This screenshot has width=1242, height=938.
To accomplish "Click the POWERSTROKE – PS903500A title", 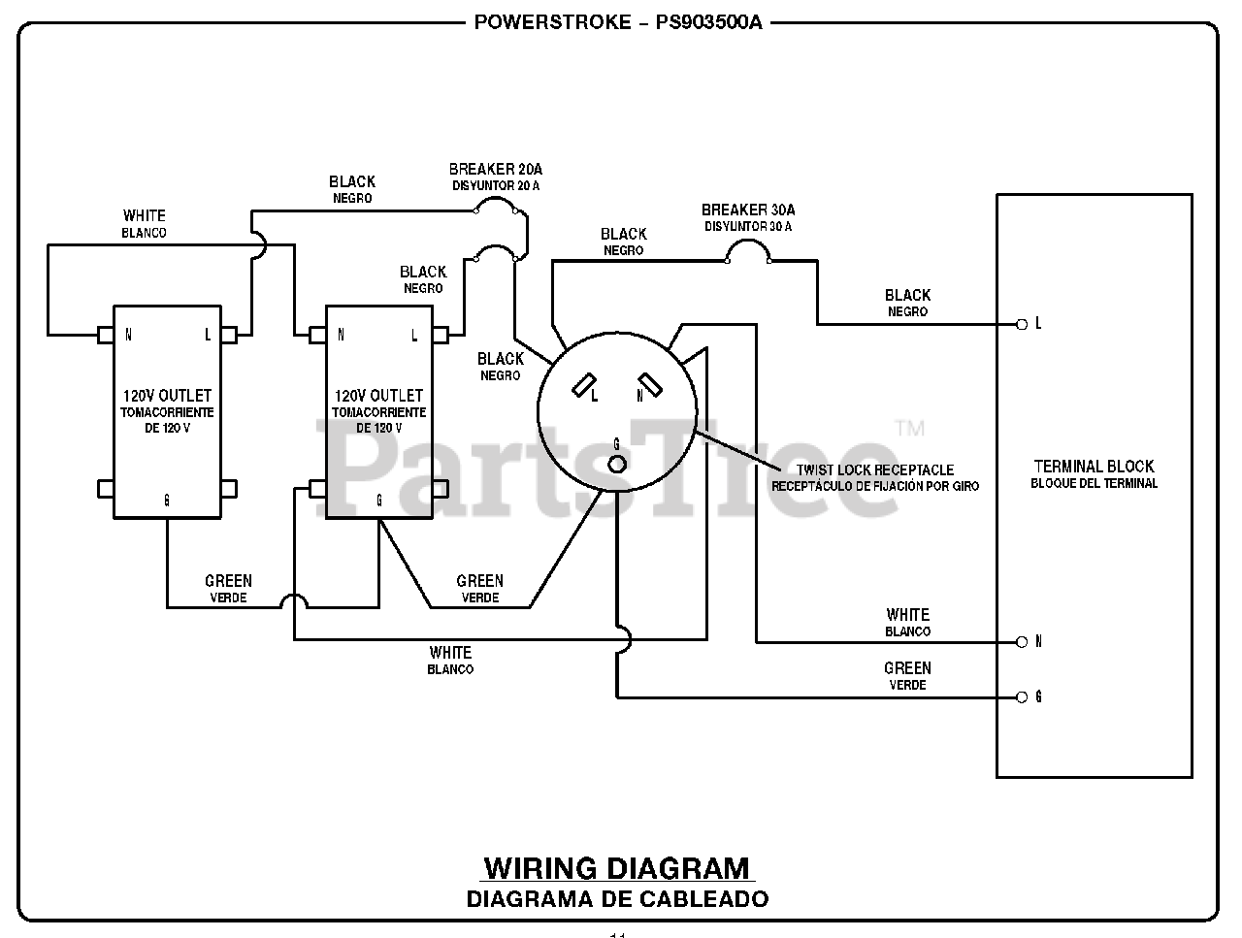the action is click(x=618, y=22).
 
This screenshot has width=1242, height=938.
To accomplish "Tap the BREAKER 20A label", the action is click(x=496, y=169).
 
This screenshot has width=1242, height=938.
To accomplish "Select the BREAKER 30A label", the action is click(x=748, y=210).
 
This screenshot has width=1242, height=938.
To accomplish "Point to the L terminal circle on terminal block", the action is click(x=1022, y=325).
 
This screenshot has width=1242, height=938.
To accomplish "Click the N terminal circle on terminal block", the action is click(x=1022, y=642).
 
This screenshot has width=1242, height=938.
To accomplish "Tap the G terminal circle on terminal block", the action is click(x=1022, y=697).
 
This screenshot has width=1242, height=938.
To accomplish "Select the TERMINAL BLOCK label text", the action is click(x=1094, y=467).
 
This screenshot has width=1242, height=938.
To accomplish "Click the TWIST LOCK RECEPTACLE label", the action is click(x=875, y=469).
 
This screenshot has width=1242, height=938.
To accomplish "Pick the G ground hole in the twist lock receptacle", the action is click(x=617, y=465).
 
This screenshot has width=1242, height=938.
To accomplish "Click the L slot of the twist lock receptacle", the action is click(x=584, y=384).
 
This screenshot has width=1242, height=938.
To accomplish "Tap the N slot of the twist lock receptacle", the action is click(x=650, y=384).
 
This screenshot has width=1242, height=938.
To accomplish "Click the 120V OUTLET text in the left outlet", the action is click(x=167, y=396).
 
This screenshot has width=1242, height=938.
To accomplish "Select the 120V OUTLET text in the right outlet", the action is click(x=378, y=396).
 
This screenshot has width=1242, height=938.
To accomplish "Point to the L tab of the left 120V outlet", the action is click(x=229, y=335).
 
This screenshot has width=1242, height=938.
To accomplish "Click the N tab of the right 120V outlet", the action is click(x=317, y=335).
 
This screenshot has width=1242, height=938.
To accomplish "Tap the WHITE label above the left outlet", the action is click(x=145, y=216).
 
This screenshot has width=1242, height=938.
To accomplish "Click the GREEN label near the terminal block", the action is click(x=907, y=668).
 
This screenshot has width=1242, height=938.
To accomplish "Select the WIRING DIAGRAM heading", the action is click(x=617, y=868).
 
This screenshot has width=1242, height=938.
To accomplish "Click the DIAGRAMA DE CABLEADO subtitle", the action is click(x=617, y=899).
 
